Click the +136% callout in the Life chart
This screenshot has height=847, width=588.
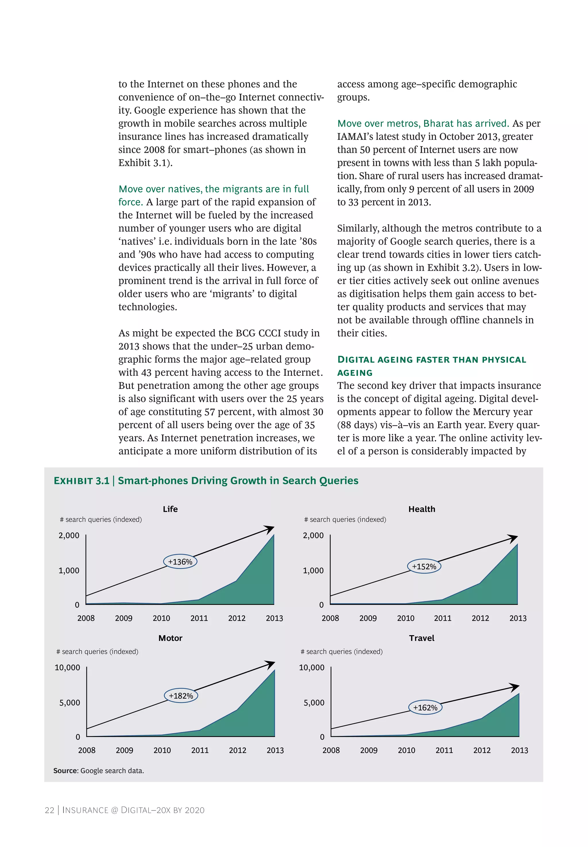coord(180,562)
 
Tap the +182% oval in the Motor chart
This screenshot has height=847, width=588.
coord(181,696)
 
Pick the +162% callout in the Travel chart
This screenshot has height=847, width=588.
coord(425,707)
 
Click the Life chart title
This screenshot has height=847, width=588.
coord(170,509)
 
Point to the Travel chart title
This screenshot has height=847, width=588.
coord(421,638)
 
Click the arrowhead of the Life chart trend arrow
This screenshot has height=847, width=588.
coord(271,529)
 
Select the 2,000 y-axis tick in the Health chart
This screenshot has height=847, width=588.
coord(313,535)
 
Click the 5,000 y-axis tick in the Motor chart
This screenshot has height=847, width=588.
coord(70,702)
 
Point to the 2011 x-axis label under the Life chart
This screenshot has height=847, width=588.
coord(199,618)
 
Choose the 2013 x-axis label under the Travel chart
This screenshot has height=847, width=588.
coord(519,750)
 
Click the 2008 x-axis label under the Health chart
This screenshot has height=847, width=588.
coord(330,618)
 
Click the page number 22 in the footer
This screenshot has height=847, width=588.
coord(49,810)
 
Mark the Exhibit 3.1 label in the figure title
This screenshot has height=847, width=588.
coord(82,481)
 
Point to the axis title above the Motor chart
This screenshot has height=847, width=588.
coord(97,651)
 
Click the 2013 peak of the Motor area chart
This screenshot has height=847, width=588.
coord(274,671)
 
